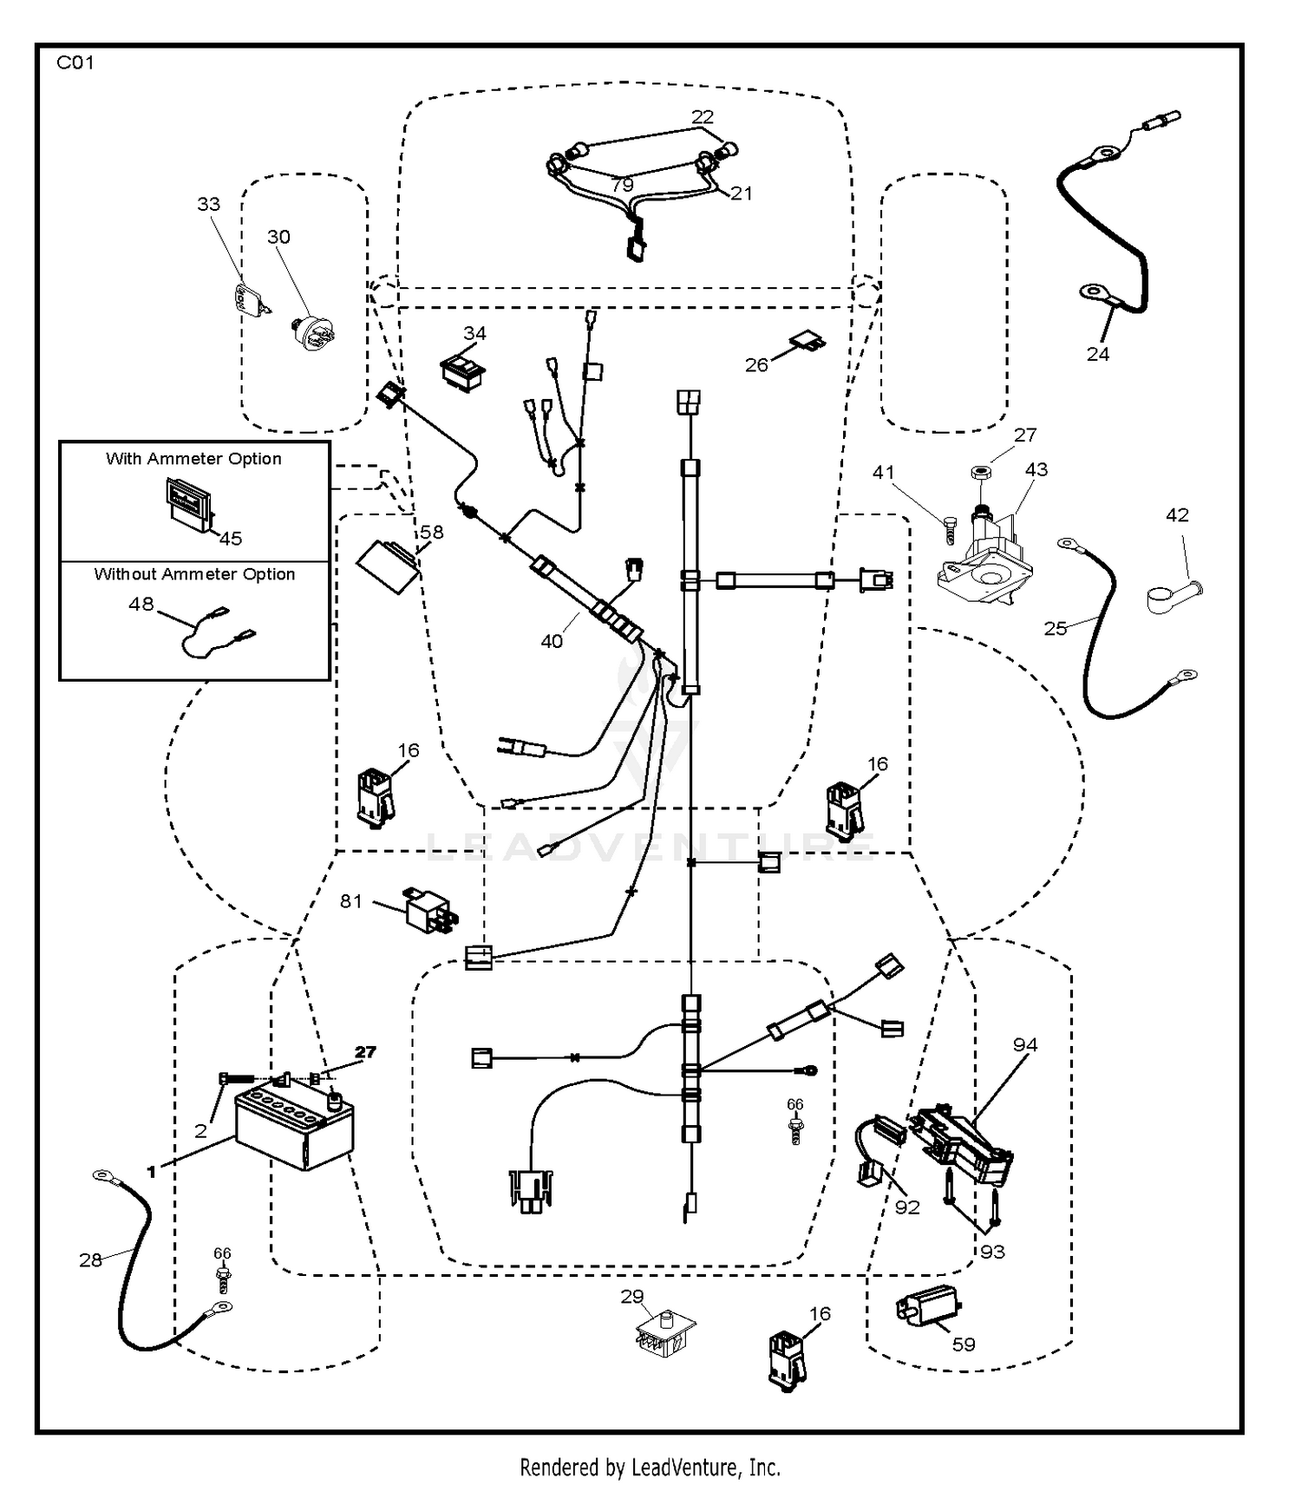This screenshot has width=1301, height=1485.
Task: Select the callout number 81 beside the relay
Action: coord(350,901)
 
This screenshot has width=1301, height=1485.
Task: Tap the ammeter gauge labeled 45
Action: coord(189,504)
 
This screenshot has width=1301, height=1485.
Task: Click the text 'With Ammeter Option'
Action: coord(193,459)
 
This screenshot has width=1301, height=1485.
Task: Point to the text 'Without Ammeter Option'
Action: coord(194,574)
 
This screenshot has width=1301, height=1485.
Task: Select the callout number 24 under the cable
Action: coord(1097,354)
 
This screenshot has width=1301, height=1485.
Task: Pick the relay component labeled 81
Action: coord(430,911)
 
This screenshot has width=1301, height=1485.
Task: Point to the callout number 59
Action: coord(964,1344)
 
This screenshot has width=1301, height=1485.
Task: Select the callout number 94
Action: coord(1025,1044)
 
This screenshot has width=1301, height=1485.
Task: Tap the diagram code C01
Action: coord(75,62)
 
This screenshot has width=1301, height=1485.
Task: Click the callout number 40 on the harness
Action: coord(552,641)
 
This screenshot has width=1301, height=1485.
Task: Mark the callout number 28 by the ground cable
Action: coord(90,1259)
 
